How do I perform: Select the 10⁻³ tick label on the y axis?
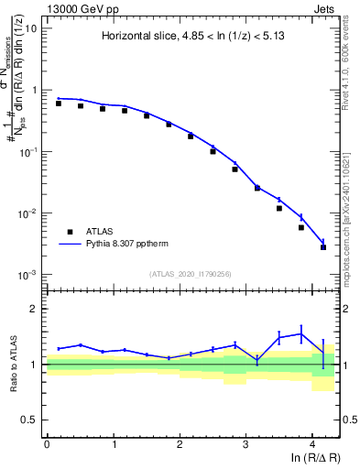click(x=28, y=275)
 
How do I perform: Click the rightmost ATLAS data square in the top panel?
click(x=323, y=247)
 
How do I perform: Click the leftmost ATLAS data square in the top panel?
click(x=59, y=104)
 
